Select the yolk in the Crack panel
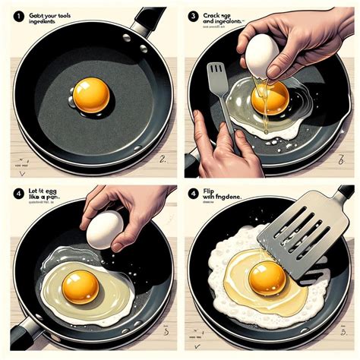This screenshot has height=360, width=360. tap(270, 96)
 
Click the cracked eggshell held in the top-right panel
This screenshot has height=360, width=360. tap(261, 55)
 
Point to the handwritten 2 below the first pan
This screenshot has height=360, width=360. tap(163, 160)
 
